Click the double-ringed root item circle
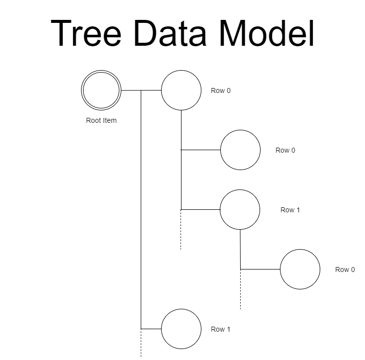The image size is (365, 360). pos(101,90)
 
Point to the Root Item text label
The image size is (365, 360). pos(101,120)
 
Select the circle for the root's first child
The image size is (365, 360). pos(181,90)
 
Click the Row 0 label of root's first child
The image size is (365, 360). pos(221,90)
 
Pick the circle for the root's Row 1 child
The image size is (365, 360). pos(181,329)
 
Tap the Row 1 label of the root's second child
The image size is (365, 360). pos(221,329)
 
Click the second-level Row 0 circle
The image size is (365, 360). pos(240,150)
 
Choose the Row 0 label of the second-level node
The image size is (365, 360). pos(285,150)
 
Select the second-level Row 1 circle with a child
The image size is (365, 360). pos(240,209)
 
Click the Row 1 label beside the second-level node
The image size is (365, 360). pos(290,210)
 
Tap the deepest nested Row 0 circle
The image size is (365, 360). pos(300,269)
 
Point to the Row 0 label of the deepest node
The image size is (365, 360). pos(345,270)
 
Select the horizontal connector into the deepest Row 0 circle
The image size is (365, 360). pos(260,269)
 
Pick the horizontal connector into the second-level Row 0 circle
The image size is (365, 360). pos(201,150)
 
